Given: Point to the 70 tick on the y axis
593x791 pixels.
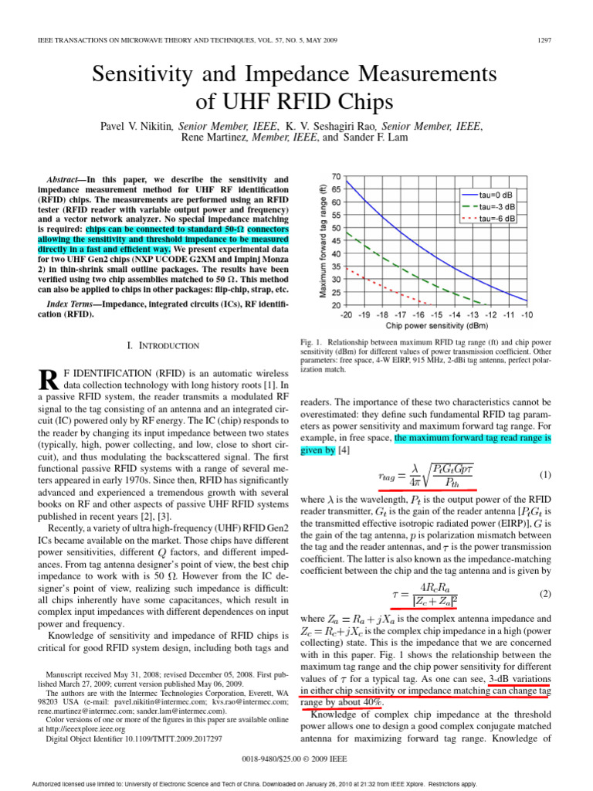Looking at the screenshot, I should pos(337,177).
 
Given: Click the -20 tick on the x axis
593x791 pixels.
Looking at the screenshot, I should pos(346,315).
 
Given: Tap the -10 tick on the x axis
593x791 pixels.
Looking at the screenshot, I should pos(527,315).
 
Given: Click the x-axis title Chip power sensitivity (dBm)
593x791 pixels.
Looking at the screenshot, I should pos(437,325).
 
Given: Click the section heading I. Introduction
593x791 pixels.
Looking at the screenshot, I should pos(163,345).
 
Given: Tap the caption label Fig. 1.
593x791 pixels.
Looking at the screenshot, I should pos(310,341).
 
